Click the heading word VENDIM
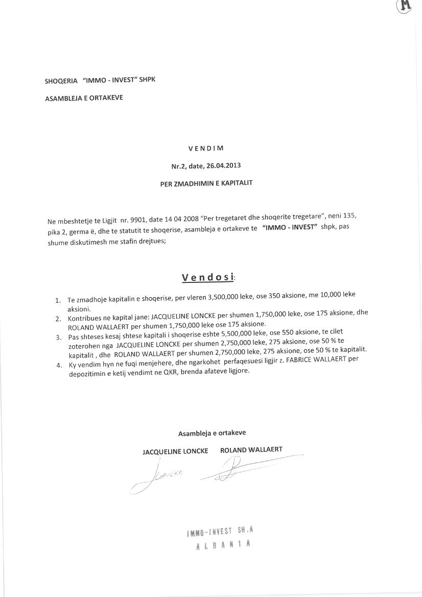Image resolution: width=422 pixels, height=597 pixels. [206, 149]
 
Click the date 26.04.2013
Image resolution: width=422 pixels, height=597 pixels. [223, 165]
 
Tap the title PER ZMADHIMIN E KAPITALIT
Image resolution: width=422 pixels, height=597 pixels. [206, 183]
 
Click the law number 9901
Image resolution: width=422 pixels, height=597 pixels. [137, 220]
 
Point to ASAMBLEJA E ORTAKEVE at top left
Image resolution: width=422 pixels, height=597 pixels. [84, 98]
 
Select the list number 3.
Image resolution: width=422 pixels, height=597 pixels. [58, 337]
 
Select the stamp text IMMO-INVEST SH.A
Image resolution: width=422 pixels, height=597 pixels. [220, 532]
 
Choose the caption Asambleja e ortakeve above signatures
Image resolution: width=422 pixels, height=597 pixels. [212, 433]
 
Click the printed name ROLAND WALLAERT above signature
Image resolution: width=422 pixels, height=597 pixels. [251, 450]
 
